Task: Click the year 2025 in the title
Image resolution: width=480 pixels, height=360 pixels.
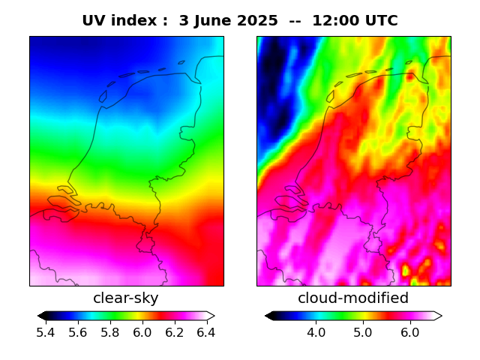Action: pos(256,21)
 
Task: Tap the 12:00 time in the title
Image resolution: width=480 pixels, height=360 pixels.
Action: pos(332,21)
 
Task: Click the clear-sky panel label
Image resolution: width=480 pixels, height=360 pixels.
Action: pos(126,298)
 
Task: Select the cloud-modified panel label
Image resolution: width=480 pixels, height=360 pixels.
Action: pos(353,298)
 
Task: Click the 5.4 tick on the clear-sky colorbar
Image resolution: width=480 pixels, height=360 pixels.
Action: pos(46,332)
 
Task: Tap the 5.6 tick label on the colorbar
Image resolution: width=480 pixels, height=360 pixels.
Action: pos(78,332)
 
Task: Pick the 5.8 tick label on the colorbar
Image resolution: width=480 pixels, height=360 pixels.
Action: pos(110,332)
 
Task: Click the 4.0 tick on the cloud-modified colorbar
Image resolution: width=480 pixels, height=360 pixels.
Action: pos(316,332)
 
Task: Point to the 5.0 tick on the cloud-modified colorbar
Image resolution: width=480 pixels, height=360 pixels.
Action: pos(362,332)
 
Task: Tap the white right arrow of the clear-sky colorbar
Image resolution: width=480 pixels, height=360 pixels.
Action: pos(211,316)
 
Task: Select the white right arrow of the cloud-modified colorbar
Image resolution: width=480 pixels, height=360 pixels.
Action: pos(438,316)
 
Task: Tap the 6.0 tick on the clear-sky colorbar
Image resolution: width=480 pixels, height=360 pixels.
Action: pos(142,332)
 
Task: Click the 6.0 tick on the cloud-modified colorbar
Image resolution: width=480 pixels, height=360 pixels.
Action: pos(409,332)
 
